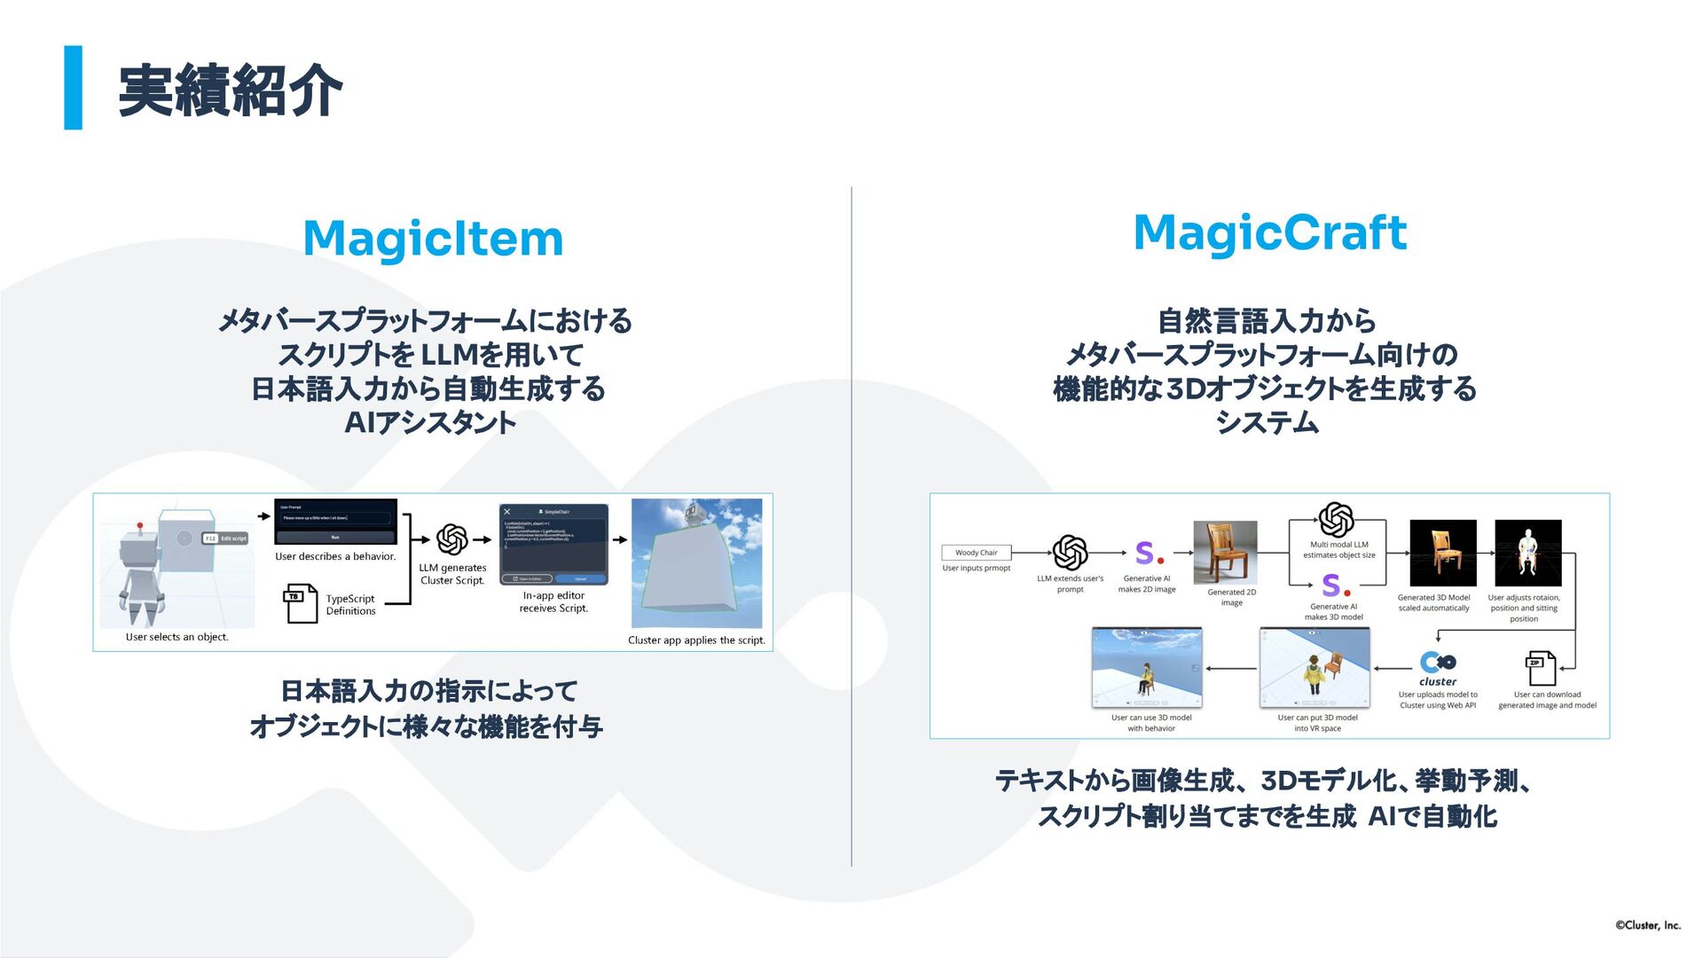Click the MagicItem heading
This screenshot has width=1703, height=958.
point(433,239)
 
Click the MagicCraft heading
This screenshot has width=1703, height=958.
point(1269,232)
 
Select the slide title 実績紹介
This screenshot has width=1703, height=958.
point(230,90)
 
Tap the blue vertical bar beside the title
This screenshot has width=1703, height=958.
point(73,88)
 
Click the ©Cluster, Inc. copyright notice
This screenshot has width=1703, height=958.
point(1647,925)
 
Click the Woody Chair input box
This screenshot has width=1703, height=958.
point(976,553)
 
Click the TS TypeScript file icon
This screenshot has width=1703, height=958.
point(300,602)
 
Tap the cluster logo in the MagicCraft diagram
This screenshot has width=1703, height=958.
point(1437,667)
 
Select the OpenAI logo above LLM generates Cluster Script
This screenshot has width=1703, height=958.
point(452,538)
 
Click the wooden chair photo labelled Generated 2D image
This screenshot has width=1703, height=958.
point(1225,552)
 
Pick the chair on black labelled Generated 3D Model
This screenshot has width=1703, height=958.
point(1443,553)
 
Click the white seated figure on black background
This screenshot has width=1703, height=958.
point(1527,553)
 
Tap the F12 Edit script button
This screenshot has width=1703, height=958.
point(225,538)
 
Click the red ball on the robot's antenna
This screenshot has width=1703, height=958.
point(139,526)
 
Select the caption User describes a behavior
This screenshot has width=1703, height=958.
point(335,557)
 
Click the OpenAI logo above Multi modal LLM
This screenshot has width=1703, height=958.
point(1336,520)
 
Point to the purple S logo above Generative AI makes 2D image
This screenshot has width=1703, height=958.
point(1148,554)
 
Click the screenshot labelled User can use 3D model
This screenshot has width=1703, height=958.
point(1146,667)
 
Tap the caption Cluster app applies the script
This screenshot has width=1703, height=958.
point(696,640)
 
